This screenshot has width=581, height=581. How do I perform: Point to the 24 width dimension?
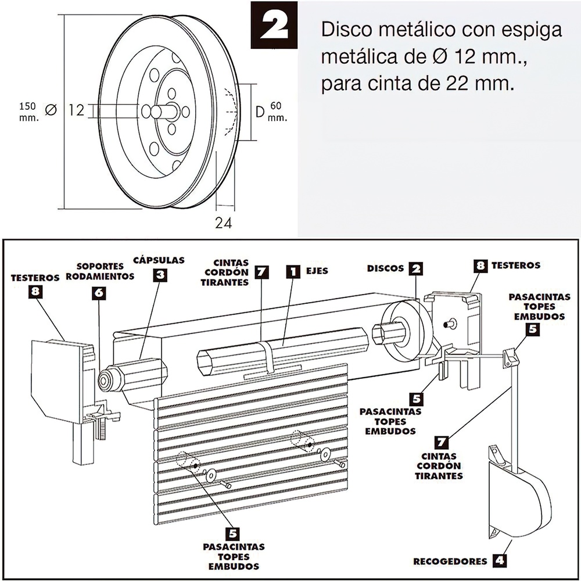pyautogui.click(x=223, y=223)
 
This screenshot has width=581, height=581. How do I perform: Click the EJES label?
pyautogui.click(x=317, y=271)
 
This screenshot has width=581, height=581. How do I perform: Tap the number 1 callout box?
pyautogui.click(x=294, y=271)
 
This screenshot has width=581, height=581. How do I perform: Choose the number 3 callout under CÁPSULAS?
pyautogui.click(x=160, y=275)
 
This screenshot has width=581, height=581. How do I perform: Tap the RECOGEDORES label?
pyautogui.click(x=450, y=561)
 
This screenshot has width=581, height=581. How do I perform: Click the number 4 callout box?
pyautogui.click(x=498, y=561)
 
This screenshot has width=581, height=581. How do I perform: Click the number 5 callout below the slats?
pyautogui.click(x=232, y=533)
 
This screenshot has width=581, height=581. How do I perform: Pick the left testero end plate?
pyautogui.click(x=57, y=380)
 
